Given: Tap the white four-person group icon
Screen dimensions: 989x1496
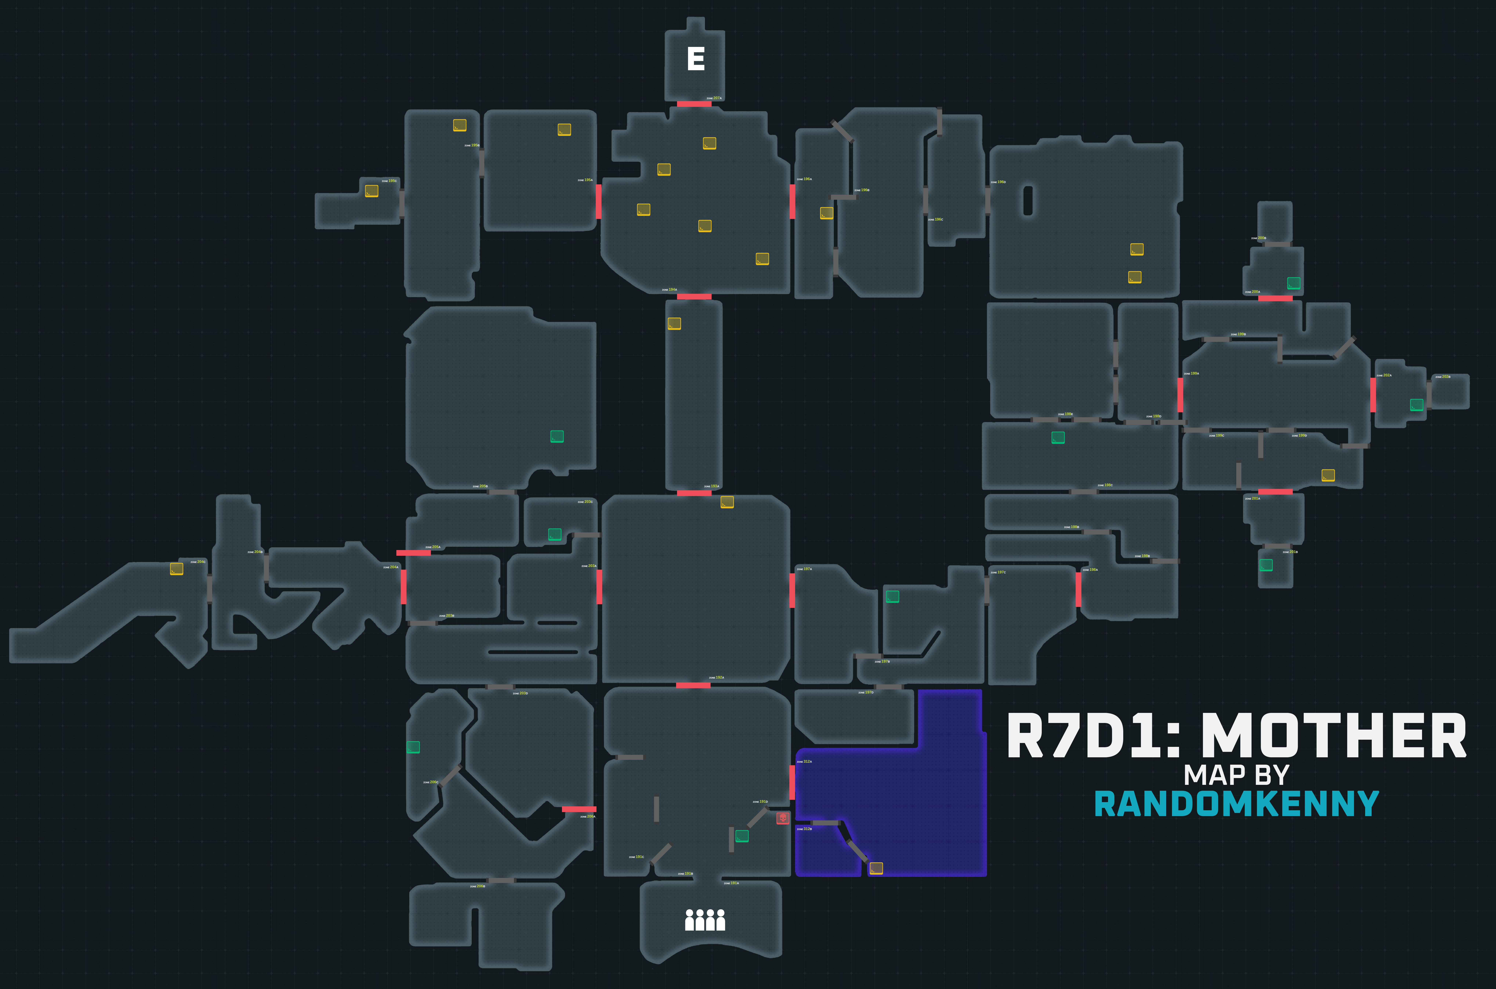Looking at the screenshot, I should (x=705, y=920).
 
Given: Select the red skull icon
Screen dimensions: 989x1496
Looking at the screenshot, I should (x=782, y=818).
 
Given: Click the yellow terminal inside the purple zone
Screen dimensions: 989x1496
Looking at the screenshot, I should (x=876, y=869).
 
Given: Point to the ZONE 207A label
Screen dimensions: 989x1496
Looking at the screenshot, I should (x=714, y=98).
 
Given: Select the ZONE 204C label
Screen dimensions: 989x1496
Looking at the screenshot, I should (x=198, y=561).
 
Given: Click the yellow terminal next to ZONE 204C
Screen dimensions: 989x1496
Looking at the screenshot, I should (x=177, y=569).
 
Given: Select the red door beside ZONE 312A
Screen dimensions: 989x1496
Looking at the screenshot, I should (x=792, y=782).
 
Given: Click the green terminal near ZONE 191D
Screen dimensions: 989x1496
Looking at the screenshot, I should (x=742, y=836).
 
